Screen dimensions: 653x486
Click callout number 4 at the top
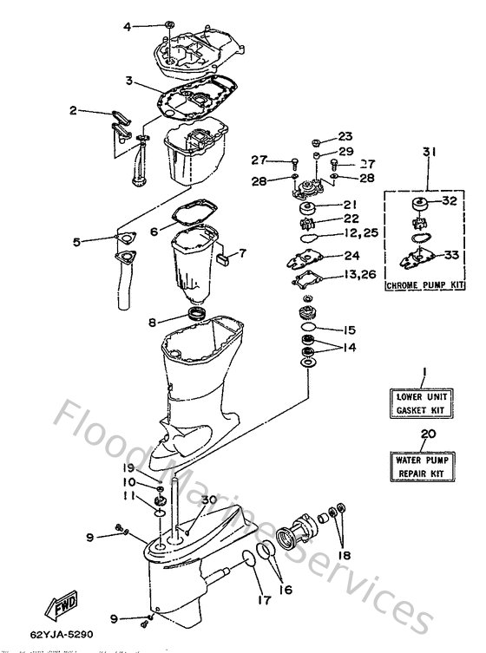[x=127, y=27]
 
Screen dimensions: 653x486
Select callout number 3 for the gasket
[x=128, y=81]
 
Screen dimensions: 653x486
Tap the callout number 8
[x=152, y=323]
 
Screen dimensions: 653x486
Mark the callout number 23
[x=345, y=137]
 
